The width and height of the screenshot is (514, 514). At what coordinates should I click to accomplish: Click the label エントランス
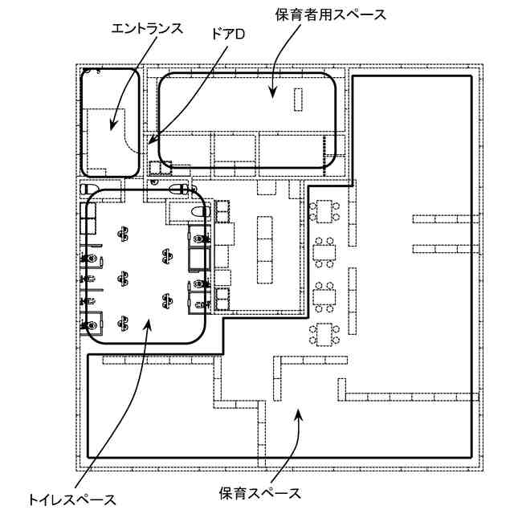coord(147,28)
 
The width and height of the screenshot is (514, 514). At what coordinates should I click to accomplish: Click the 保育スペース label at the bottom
coord(260,492)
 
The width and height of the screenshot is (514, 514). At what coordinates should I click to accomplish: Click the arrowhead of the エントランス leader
coord(112,128)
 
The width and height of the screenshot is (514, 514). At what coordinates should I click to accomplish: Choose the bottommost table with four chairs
coord(324,332)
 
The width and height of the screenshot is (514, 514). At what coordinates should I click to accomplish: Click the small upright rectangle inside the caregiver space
coord(300,100)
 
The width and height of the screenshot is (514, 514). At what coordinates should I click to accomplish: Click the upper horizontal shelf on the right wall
coord(441,218)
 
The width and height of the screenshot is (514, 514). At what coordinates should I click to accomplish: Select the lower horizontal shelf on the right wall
coord(441,247)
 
